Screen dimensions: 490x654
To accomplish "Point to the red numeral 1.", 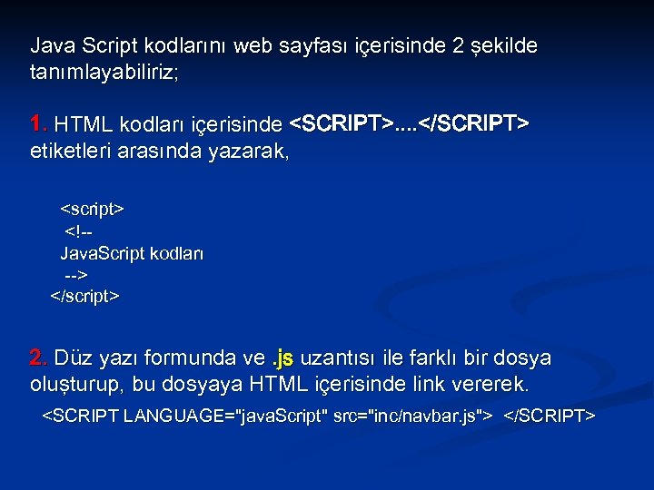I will pos(38,123).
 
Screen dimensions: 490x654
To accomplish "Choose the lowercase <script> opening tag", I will pos(92,210).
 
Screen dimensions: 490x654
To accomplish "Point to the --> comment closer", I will pos(75,274).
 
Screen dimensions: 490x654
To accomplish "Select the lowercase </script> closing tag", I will pos(84,296).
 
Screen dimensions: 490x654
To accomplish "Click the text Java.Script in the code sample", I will pos(97,253).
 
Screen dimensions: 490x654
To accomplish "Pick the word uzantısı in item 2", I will pos(344,358).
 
